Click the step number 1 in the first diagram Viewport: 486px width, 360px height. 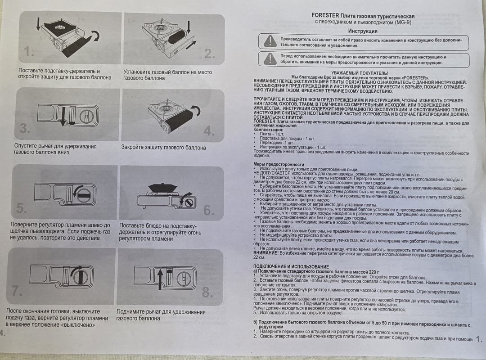pos(28,51)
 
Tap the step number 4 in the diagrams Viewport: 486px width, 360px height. pos(209,131)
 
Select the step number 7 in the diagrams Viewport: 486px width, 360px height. pos(17,291)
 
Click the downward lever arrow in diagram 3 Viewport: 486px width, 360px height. pos(63,116)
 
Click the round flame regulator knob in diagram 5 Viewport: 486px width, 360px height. pos(83,194)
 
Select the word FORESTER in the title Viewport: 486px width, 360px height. pos(325,15)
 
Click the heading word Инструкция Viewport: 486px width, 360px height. pos(363,31)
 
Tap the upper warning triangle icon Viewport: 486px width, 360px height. pos(270,41)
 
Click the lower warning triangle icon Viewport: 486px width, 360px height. pos(270,58)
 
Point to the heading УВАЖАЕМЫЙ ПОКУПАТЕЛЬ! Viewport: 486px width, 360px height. pos(360,73)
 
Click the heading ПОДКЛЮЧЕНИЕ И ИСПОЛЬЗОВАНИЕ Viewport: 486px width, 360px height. pos(291,266)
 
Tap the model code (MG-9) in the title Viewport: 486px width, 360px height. pos(403,22)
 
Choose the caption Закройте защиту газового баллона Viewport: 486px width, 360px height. pos(163,148)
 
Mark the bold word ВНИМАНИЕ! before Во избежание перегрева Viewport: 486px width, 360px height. pos(265,253)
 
